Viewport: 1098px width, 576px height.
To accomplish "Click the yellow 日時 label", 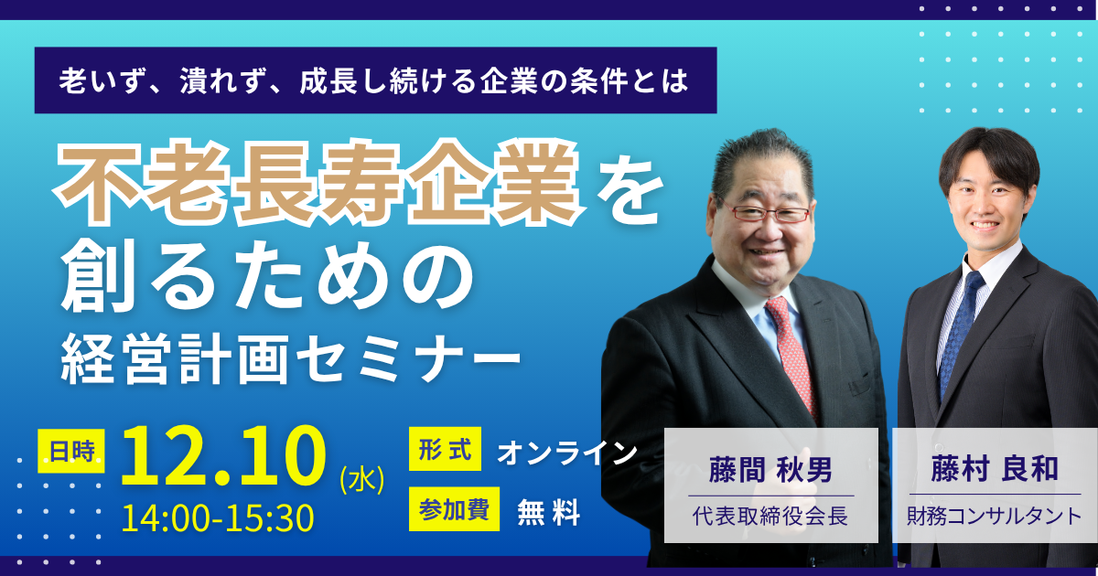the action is (x=71, y=451).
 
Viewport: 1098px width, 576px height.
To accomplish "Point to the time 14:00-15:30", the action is (x=218, y=518).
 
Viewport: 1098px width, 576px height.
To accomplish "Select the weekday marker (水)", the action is (x=362, y=480).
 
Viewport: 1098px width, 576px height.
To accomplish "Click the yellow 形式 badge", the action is (x=445, y=449).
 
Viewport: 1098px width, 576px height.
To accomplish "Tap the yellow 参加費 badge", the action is (x=455, y=509).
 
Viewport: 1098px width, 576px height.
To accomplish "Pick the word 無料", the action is (x=549, y=512).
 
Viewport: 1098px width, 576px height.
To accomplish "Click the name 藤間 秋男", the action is (x=770, y=470).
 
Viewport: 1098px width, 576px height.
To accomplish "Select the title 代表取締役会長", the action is (x=770, y=516).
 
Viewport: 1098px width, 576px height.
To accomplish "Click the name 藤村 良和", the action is (x=996, y=469).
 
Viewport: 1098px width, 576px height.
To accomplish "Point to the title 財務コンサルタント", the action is (x=995, y=517).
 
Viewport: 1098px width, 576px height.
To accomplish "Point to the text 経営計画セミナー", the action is (x=290, y=359).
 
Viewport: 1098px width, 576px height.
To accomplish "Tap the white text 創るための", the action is (x=267, y=276).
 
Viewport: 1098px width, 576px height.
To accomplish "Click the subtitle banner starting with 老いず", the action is (x=375, y=80).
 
